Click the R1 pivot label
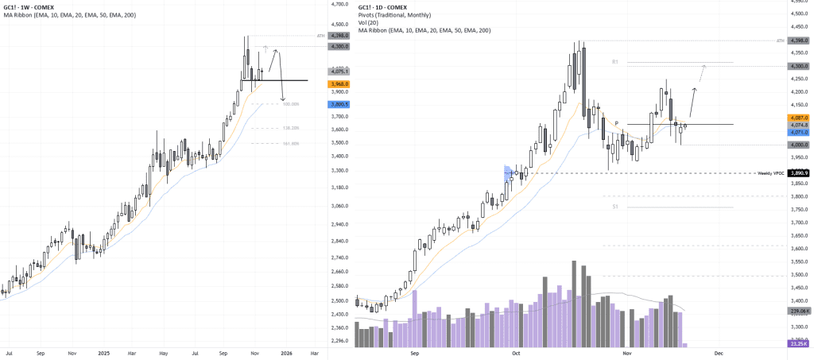pos(615,61)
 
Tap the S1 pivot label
pos(615,207)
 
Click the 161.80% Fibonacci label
pos(290,144)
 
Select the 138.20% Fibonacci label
pos(290,128)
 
